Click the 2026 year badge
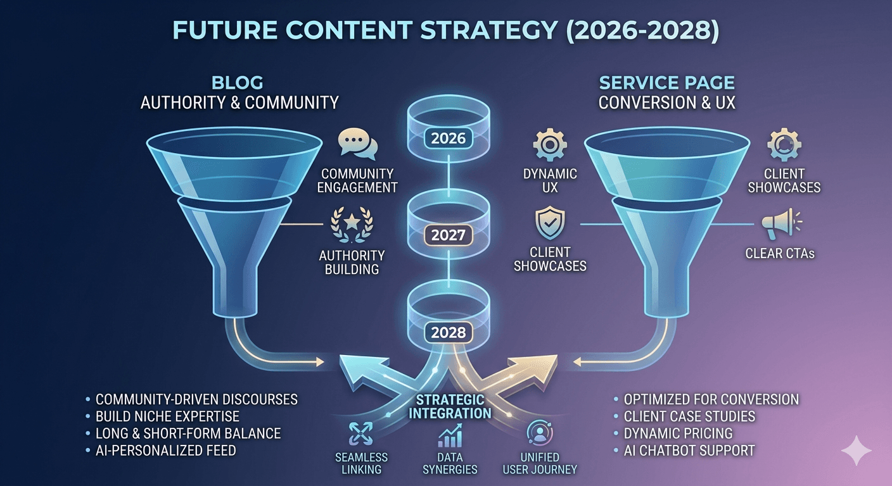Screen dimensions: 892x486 point(448,139)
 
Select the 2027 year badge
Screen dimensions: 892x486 point(448,235)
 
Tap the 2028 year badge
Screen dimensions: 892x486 point(448,332)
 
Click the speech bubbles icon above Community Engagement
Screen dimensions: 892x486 point(357,143)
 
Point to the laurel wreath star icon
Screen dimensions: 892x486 point(352,224)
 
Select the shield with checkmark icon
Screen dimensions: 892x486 point(550,223)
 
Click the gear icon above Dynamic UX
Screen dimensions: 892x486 point(550,144)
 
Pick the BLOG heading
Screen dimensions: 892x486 point(238,83)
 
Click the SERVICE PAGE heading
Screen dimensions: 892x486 point(667,83)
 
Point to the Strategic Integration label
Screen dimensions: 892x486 point(450,406)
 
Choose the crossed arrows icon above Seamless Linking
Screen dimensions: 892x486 point(360,434)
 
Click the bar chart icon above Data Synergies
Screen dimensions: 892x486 point(450,435)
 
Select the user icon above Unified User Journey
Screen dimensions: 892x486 point(540,433)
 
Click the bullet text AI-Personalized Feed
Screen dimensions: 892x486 point(165,451)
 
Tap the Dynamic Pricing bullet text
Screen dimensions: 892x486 point(678,433)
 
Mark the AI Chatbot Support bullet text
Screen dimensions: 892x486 point(689,451)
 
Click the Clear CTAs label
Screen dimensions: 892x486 point(780,253)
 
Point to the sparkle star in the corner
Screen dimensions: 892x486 point(856,451)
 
